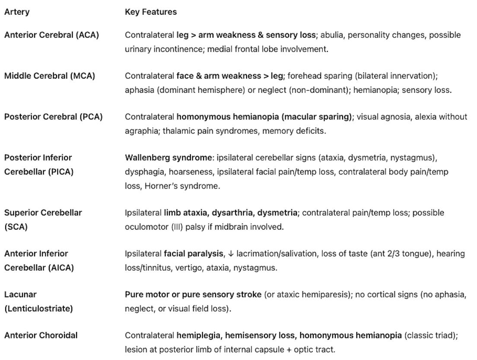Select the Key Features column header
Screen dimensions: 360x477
click(150, 12)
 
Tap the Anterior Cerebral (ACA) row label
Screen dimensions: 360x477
click(51, 35)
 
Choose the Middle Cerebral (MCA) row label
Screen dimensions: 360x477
click(50, 76)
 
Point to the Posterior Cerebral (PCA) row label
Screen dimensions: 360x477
click(53, 117)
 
